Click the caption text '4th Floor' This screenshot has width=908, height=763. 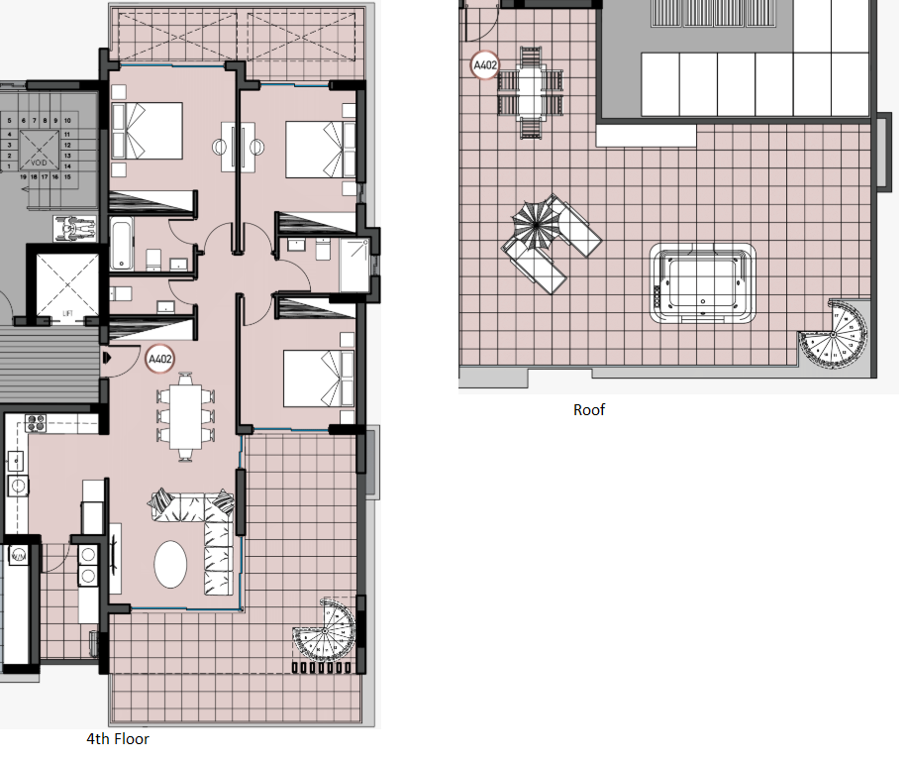pyautogui.click(x=118, y=739)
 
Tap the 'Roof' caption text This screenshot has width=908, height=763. pyautogui.click(x=589, y=409)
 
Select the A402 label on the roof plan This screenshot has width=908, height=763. pyautogui.click(x=485, y=67)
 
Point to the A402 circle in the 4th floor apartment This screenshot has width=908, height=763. pyautogui.click(x=159, y=359)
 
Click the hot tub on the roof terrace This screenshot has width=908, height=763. pyautogui.click(x=702, y=283)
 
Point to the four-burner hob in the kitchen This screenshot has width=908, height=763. pyautogui.click(x=36, y=424)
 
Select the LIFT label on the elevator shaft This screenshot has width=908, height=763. pyautogui.click(x=67, y=313)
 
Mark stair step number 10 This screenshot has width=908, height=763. pyautogui.click(x=66, y=121)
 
